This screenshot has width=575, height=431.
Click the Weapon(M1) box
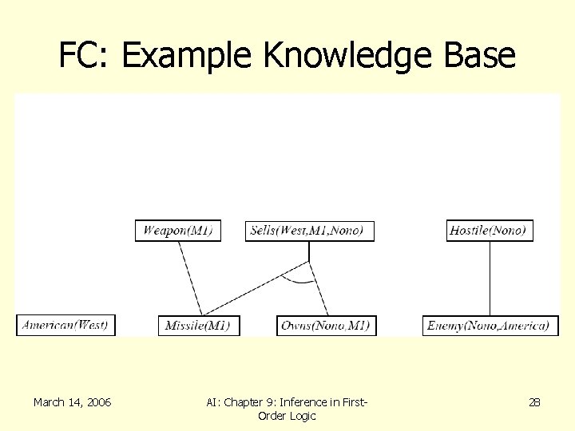click(178, 231)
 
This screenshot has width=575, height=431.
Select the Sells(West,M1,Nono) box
click(307, 231)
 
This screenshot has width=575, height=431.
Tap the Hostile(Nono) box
click(489, 231)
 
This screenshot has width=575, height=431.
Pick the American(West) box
click(65, 325)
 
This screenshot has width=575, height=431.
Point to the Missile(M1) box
click(198, 325)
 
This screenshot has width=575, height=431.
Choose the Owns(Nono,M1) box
click(325, 325)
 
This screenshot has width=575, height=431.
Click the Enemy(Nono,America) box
click(490, 325)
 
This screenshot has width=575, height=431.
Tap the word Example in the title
click(187, 56)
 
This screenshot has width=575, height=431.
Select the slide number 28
click(534, 402)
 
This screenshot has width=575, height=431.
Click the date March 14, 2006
click(72, 402)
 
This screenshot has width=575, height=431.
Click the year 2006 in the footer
click(97, 402)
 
